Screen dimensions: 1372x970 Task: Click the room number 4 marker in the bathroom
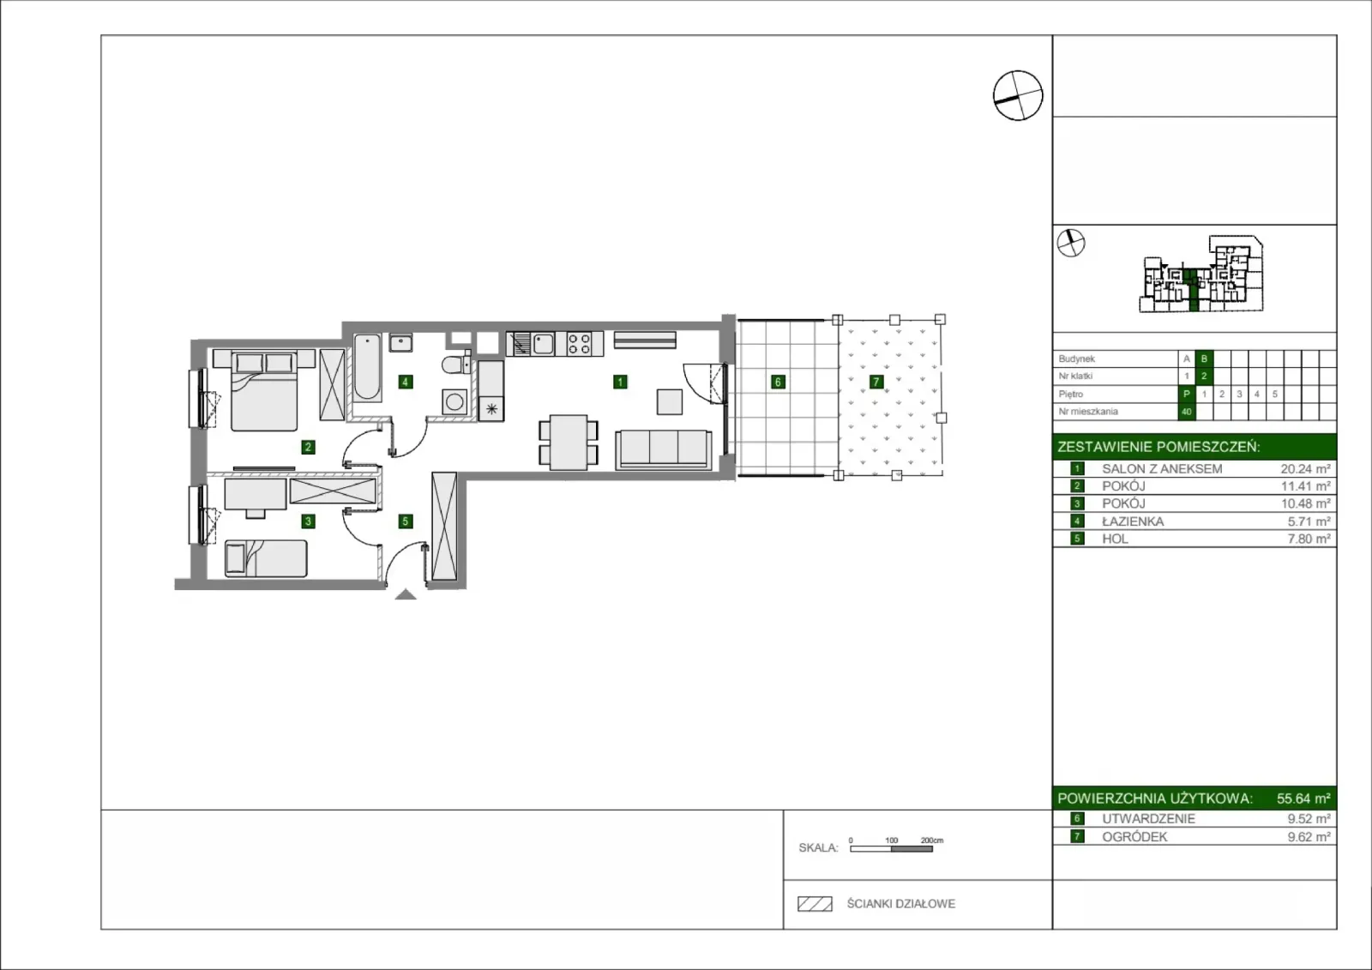(405, 382)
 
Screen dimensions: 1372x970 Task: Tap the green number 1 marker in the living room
(620, 382)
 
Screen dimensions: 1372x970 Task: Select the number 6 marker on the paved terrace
(778, 382)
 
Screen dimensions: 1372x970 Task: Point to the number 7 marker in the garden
(876, 382)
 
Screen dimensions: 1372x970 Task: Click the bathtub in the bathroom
(368, 368)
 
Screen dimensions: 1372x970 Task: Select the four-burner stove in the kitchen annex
(580, 344)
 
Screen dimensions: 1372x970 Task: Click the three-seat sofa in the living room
(664, 449)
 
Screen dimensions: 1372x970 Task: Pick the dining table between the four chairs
(569, 443)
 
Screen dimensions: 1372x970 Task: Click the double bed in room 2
(265, 390)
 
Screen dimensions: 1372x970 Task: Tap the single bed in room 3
(266, 558)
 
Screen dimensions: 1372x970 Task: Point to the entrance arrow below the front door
(406, 594)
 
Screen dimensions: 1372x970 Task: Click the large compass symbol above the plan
(1017, 95)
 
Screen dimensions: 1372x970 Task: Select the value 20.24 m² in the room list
(1305, 469)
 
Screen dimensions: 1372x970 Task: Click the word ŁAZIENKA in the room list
(1133, 521)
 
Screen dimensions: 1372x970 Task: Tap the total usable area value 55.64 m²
(1303, 798)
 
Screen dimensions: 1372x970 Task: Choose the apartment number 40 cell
(1187, 412)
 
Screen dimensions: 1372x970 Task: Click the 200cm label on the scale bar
(931, 840)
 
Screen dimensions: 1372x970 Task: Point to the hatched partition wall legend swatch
(815, 904)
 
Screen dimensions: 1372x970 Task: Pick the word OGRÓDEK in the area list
(1134, 836)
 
